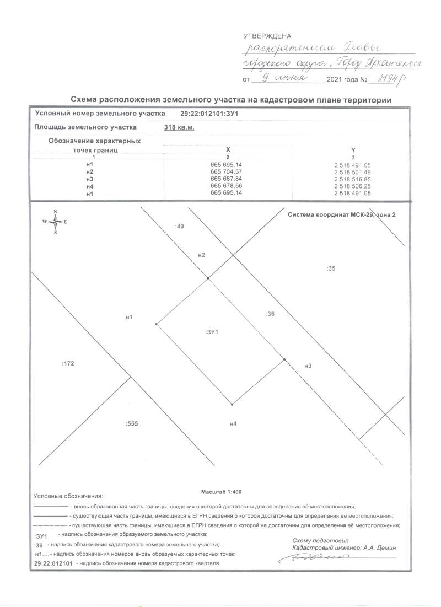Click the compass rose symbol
[x=55, y=222]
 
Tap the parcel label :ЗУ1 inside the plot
[x=212, y=332]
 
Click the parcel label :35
[x=331, y=268]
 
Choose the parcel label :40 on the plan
[x=179, y=226]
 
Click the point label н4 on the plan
[x=233, y=423]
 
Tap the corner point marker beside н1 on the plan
[x=157, y=324]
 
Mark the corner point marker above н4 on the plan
[x=232, y=405]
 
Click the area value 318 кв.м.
[x=180, y=127]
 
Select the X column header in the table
[x=228, y=149]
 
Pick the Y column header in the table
[x=352, y=149]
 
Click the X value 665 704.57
[x=227, y=172]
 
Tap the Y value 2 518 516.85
[x=352, y=179]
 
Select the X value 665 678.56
[x=227, y=186]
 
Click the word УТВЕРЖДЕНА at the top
[x=267, y=36]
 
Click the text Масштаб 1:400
[x=220, y=491]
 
